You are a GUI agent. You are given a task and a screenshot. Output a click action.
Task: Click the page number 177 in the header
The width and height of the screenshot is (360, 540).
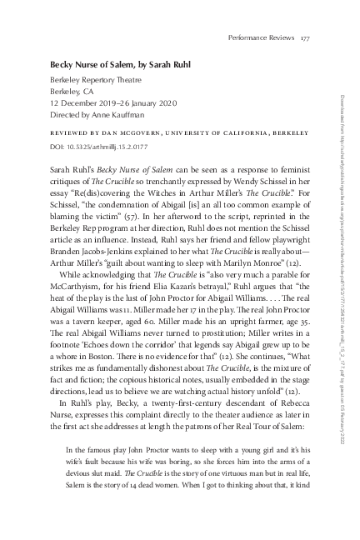305,37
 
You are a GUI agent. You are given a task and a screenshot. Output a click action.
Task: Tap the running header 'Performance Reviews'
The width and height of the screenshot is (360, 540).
262,37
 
